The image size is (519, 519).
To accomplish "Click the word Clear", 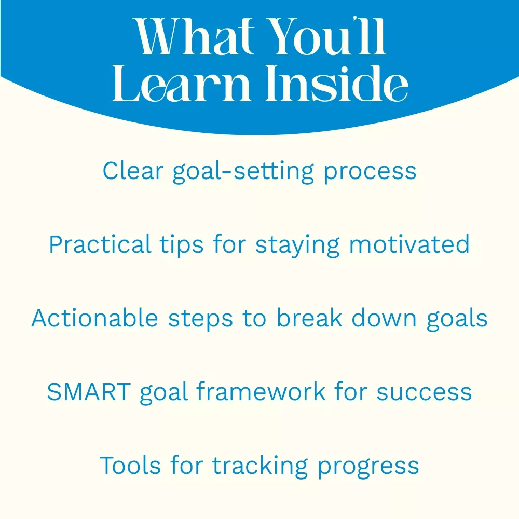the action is (133, 171).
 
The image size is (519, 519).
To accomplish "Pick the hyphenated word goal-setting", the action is (243, 171).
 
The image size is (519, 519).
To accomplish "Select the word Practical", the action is (100, 244).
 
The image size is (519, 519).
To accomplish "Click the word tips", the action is (181, 245).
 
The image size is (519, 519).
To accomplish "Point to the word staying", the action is (297, 245).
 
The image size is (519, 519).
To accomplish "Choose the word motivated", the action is (409, 244).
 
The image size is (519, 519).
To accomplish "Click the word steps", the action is (200, 319).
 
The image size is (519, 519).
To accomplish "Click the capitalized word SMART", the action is (89, 391).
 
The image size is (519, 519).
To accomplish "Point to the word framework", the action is (261, 391).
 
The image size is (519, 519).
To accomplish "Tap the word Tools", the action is (130, 465).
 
